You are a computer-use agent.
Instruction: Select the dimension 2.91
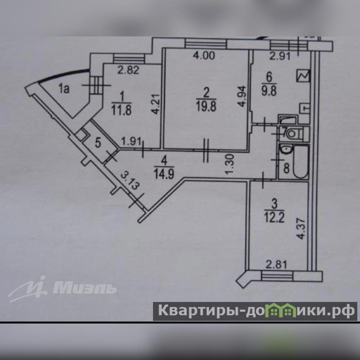(278, 57)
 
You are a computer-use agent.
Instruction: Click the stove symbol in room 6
(303, 76)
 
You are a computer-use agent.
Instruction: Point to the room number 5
(97, 145)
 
